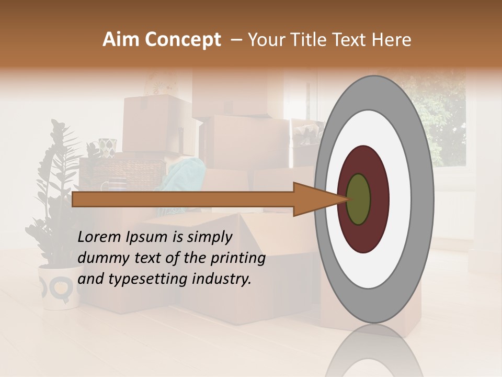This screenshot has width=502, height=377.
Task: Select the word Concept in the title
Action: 183,40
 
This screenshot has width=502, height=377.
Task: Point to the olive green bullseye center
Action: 359,199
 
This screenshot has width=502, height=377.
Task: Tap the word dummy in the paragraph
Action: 101,259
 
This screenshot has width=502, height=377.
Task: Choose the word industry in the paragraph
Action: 222,279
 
